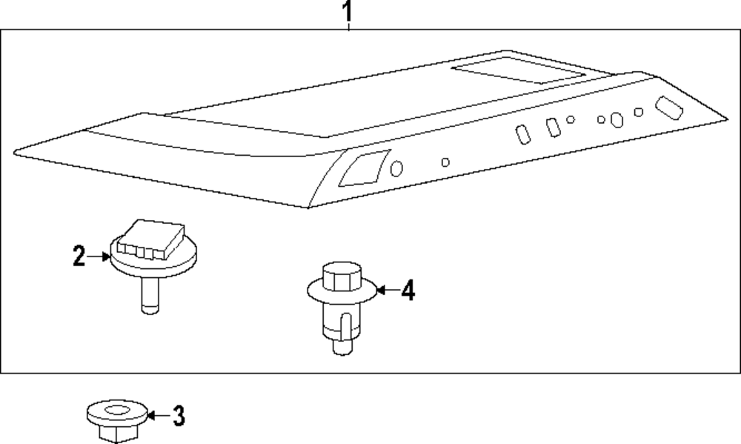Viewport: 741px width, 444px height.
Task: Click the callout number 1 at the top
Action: point(348,11)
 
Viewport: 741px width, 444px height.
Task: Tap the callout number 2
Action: point(79,256)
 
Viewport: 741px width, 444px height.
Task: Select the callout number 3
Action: point(179,416)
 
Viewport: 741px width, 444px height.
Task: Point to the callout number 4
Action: point(408,290)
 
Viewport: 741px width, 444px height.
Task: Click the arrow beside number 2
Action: point(99,256)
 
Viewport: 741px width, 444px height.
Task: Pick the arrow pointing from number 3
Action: point(159,416)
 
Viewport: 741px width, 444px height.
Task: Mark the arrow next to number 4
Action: point(388,289)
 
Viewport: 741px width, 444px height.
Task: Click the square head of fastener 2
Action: point(150,239)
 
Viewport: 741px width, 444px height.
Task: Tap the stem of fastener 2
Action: point(150,295)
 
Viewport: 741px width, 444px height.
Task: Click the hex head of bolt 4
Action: point(342,276)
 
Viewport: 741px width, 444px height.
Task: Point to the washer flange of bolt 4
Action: point(342,291)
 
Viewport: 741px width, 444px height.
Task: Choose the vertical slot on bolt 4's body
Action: point(346,326)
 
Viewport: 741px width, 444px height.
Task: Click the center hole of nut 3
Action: point(117,410)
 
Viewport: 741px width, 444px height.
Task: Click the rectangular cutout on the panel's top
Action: point(519,70)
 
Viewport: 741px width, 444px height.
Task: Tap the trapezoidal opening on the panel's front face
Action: point(365,168)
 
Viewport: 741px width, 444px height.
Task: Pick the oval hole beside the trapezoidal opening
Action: point(396,169)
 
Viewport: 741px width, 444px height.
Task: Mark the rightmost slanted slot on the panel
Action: point(668,107)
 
